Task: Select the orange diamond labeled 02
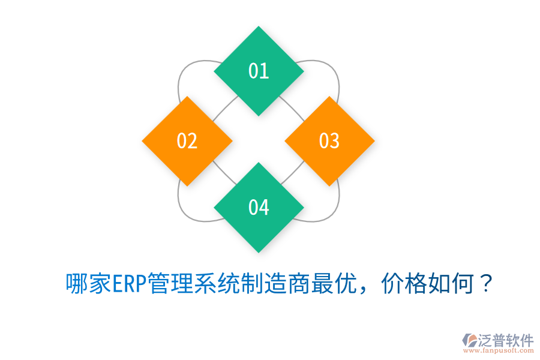(187, 141)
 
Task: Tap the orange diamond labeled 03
(329, 141)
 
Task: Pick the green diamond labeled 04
(259, 207)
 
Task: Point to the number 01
(259, 71)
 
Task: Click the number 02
(187, 141)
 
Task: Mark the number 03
(329, 141)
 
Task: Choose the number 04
(259, 207)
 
